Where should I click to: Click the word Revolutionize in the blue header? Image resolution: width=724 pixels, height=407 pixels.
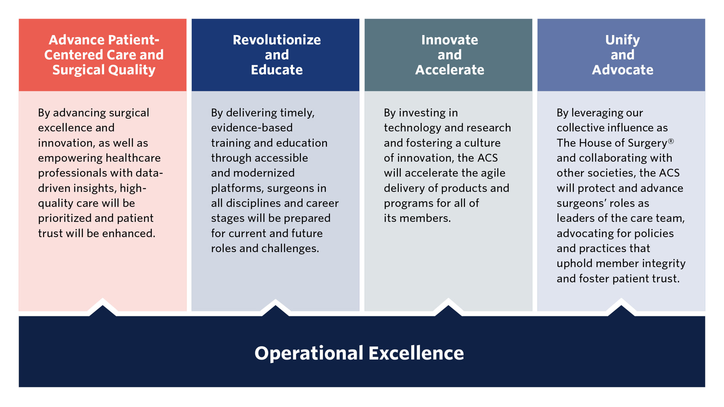(x=276, y=40)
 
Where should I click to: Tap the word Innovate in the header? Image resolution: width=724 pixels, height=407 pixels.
(x=449, y=40)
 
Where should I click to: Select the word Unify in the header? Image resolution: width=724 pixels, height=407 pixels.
(x=622, y=40)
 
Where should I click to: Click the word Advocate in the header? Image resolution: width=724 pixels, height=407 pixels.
(x=622, y=70)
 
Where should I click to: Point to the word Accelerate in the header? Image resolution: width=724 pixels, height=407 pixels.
(x=449, y=70)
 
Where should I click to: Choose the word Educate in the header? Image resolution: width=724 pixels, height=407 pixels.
(x=276, y=70)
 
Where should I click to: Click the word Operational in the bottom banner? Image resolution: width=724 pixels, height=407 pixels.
(x=309, y=353)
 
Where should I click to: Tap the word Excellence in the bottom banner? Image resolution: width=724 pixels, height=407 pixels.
(x=416, y=353)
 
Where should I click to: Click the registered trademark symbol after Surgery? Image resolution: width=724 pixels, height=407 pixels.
(x=671, y=141)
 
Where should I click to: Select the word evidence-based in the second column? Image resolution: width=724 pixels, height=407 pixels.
(x=252, y=128)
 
